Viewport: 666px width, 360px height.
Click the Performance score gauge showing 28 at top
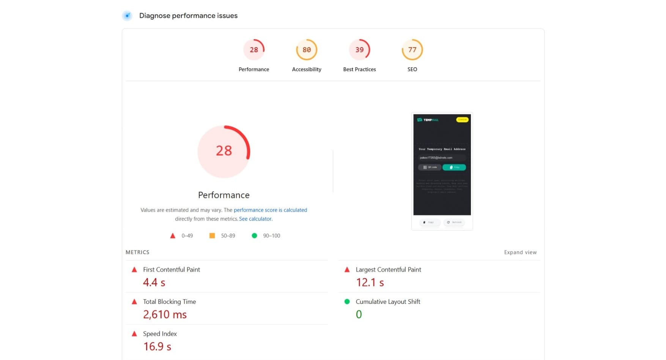point(254,50)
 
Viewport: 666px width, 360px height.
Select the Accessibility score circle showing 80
point(307,50)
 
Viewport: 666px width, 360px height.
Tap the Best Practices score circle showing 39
point(359,50)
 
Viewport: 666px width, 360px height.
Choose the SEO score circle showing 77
point(412,50)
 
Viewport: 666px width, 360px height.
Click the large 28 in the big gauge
point(224,151)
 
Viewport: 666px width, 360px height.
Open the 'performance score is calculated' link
point(270,210)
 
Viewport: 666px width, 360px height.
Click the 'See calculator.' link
point(256,219)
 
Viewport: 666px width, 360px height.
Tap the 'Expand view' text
point(520,252)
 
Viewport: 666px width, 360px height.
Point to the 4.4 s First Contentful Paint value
point(154,283)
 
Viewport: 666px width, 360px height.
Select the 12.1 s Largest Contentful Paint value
point(370,283)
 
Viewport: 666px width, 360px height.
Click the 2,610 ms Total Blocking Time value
point(165,314)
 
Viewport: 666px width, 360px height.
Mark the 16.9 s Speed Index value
point(157,347)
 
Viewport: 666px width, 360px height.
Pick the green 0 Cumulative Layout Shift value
point(359,314)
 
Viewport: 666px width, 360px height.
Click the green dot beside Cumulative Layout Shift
point(347,302)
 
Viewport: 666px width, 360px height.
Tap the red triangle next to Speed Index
point(134,334)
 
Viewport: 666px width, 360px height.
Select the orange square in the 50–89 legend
point(212,236)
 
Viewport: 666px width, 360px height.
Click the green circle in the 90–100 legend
point(254,236)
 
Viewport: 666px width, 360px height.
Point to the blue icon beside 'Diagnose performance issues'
point(128,16)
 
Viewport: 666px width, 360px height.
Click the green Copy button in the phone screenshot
point(454,167)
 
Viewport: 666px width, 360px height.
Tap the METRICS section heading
point(137,252)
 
